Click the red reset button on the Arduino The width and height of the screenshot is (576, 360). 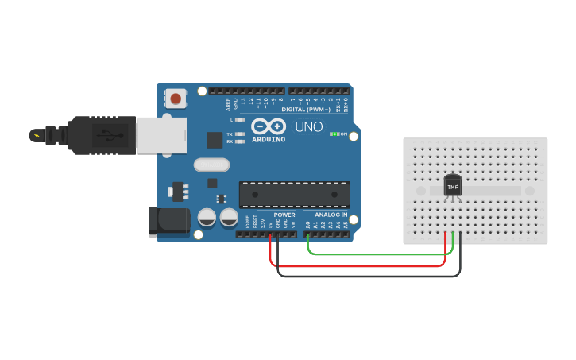pyautogui.click(x=176, y=99)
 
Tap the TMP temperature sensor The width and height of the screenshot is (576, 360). pyautogui.click(x=453, y=186)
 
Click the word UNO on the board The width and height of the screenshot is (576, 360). pyautogui.click(x=309, y=126)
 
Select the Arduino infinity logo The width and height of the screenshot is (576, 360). pyautogui.click(x=268, y=126)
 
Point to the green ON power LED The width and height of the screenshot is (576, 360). pyautogui.click(x=334, y=134)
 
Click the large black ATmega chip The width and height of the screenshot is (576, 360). pyautogui.click(x=295, y=195)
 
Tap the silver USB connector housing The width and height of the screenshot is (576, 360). pyautogui.click(x=161, y=135)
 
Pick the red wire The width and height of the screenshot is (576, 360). pyautogui.click(x=358, y=265)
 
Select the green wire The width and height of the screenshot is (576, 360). pyautogui.click(x=381, y=254)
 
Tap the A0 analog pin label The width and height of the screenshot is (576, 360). pyautogui.click(x=307, y=225)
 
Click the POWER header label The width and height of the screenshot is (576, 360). pyautogui.click(x=284, y=215)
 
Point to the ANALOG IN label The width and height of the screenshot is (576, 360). pyautogui.click(x=331, y=215)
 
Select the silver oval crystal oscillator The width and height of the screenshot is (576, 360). pyautogui.click(x=211, y=165)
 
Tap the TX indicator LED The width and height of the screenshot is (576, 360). pyautogui.click(x=239, y=134)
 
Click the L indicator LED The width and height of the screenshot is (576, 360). pyautogui.click(x=239, y=119)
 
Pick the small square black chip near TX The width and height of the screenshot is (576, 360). pyautogui.click(x=215, y=140)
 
